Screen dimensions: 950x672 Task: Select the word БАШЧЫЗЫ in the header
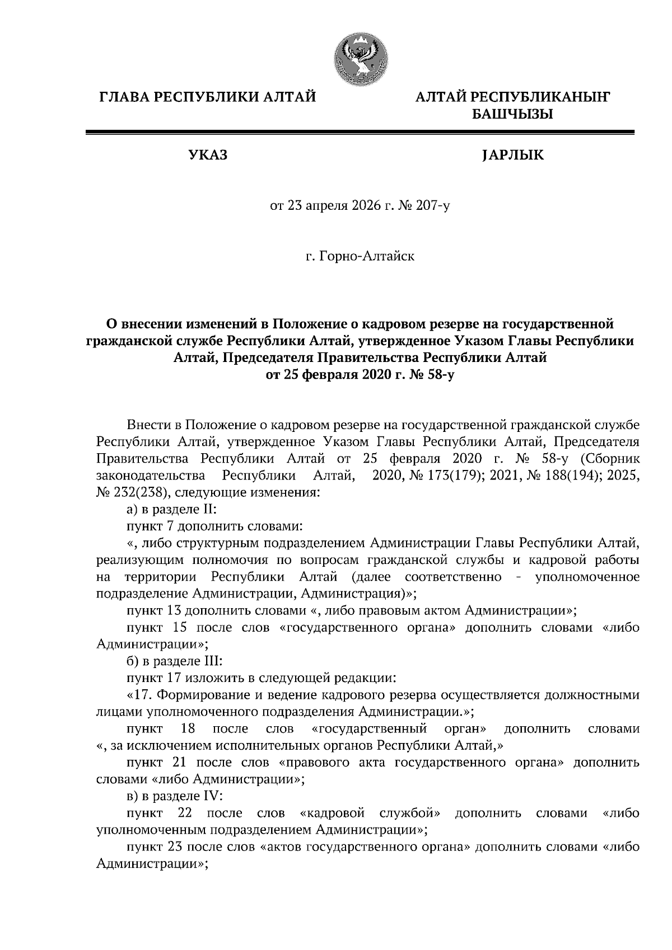coord(512,115)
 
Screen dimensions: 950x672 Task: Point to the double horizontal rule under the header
coord(359,133)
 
